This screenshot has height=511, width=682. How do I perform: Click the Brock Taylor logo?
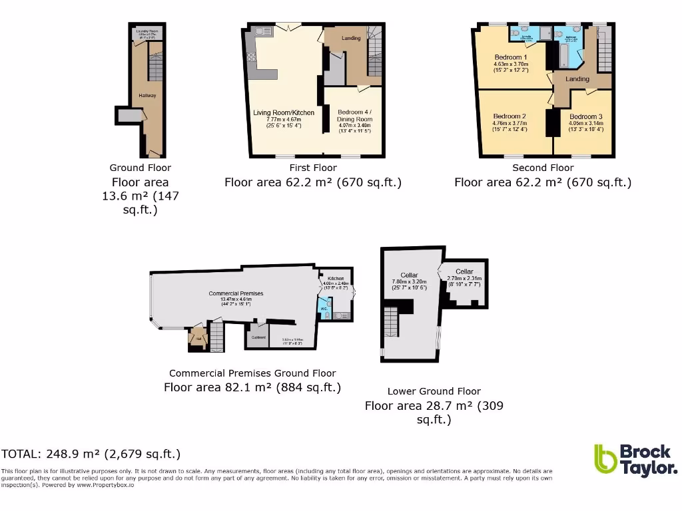coord(635,460)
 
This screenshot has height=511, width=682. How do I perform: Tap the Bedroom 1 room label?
coord(511,57)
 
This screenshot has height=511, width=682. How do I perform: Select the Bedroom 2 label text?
coord(510,116)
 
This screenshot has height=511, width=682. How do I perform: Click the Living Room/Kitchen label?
coord(284,112)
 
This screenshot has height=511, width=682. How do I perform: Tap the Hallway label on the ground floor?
coord(147,96)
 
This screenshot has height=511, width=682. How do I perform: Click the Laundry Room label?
coord(146,31)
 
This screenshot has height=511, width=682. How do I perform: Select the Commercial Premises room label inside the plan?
coord(236,293)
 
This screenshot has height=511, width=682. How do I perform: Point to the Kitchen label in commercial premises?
coord(336,278)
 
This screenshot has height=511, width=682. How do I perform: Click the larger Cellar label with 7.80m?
coord(409,275)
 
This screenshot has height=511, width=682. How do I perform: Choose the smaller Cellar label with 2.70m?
coord(464,271)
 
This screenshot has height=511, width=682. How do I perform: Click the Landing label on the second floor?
coord(577,79)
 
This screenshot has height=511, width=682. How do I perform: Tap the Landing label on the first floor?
coord(351,38)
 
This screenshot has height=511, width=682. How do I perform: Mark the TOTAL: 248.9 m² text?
coord(91,454)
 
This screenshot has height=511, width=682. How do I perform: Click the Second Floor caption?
coord(543,168)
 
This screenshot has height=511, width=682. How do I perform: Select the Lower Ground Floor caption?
coord(434,391)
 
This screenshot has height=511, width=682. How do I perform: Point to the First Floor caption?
coord(313,168)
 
